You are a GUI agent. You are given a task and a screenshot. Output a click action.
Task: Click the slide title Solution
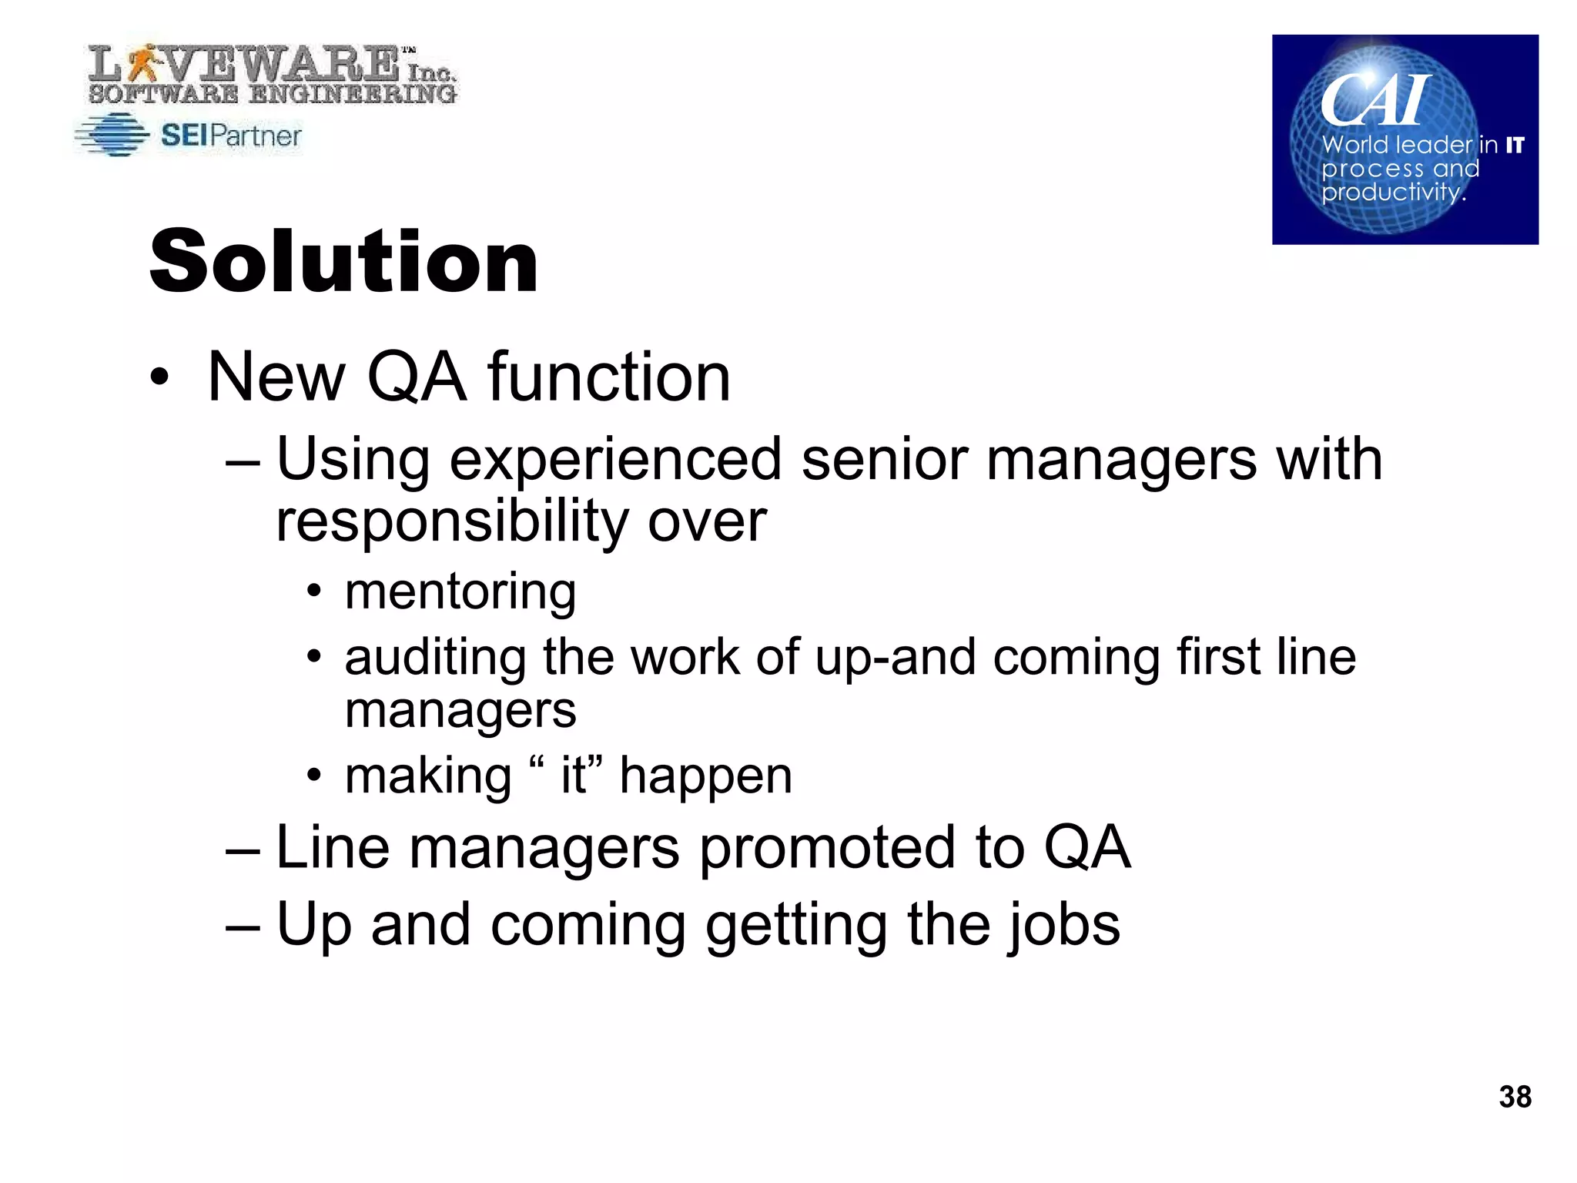coord(343,262)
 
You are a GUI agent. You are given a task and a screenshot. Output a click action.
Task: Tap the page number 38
coord(1515,1097)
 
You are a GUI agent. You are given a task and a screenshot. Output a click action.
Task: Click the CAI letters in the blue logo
coord(1375,100)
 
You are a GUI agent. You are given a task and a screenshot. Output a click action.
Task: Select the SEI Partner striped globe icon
coord(113,136)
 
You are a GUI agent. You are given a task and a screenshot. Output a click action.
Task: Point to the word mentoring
coord(460,591)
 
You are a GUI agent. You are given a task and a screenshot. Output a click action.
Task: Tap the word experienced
coord(615,460)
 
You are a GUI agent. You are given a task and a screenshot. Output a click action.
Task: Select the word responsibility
coord(452,521)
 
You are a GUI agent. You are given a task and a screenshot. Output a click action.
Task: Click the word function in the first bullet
coord(608,377)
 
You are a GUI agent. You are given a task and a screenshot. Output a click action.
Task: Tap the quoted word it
coord(574,775)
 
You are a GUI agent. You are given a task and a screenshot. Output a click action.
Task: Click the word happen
coord(705,776)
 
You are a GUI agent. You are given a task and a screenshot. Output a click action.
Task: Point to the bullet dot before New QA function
coord(159,377)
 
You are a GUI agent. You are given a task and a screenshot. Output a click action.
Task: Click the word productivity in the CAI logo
coord(1391,191)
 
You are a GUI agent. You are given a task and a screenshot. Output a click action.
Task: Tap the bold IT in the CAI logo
coord(1515,145)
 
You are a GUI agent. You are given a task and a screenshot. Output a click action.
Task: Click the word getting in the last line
coord(796,925)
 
